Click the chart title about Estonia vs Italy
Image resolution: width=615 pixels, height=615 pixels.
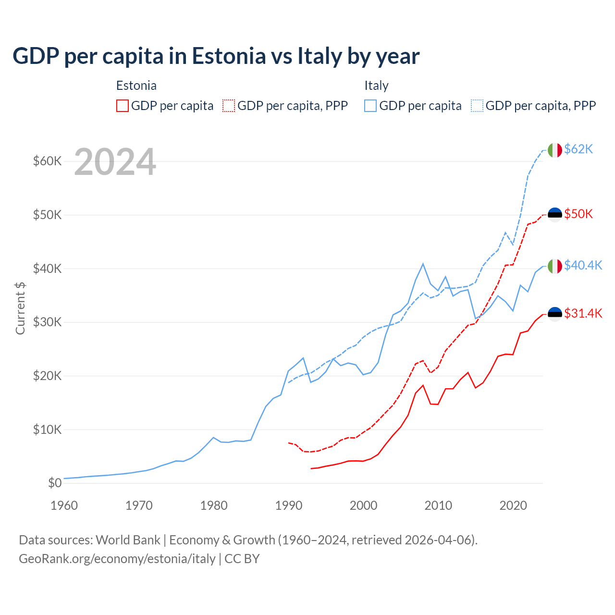[x=216, y=56]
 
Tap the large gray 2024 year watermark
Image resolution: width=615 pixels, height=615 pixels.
[x=115, y=162]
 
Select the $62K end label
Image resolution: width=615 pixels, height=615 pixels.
[x=578, y=149]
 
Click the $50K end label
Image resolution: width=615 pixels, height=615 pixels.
[x=578, y=214]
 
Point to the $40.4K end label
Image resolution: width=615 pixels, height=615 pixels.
[x=583, y=265]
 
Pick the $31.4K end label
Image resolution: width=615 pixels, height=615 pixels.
[x=583, y=314]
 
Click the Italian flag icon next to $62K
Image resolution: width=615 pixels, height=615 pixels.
[x=555, y=150]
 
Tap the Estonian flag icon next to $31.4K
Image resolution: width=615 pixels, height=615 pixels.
[x=555, y=314]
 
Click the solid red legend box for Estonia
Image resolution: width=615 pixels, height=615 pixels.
[x=123, y=106]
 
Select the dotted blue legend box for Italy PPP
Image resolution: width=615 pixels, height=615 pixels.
[x=477, y=106]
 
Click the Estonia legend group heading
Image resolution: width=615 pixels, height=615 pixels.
[x=136, y=86]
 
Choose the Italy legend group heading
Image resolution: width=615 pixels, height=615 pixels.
[x=376, y=86]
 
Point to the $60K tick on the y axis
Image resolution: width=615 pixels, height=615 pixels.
[x=48, y=161]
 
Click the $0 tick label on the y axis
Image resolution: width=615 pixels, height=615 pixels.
[x=55, y=483]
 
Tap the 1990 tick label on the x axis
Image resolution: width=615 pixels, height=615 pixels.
[x=289, y=505]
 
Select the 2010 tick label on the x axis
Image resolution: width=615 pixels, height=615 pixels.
[x=438, y=505]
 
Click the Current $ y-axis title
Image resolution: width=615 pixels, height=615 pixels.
[x=20, y=308]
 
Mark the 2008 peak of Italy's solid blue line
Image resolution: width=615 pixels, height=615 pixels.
[x=423, y=263]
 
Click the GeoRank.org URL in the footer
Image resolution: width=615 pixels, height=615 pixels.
[x=117, y=559]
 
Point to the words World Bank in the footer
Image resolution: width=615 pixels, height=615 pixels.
[x=128, y=540]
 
